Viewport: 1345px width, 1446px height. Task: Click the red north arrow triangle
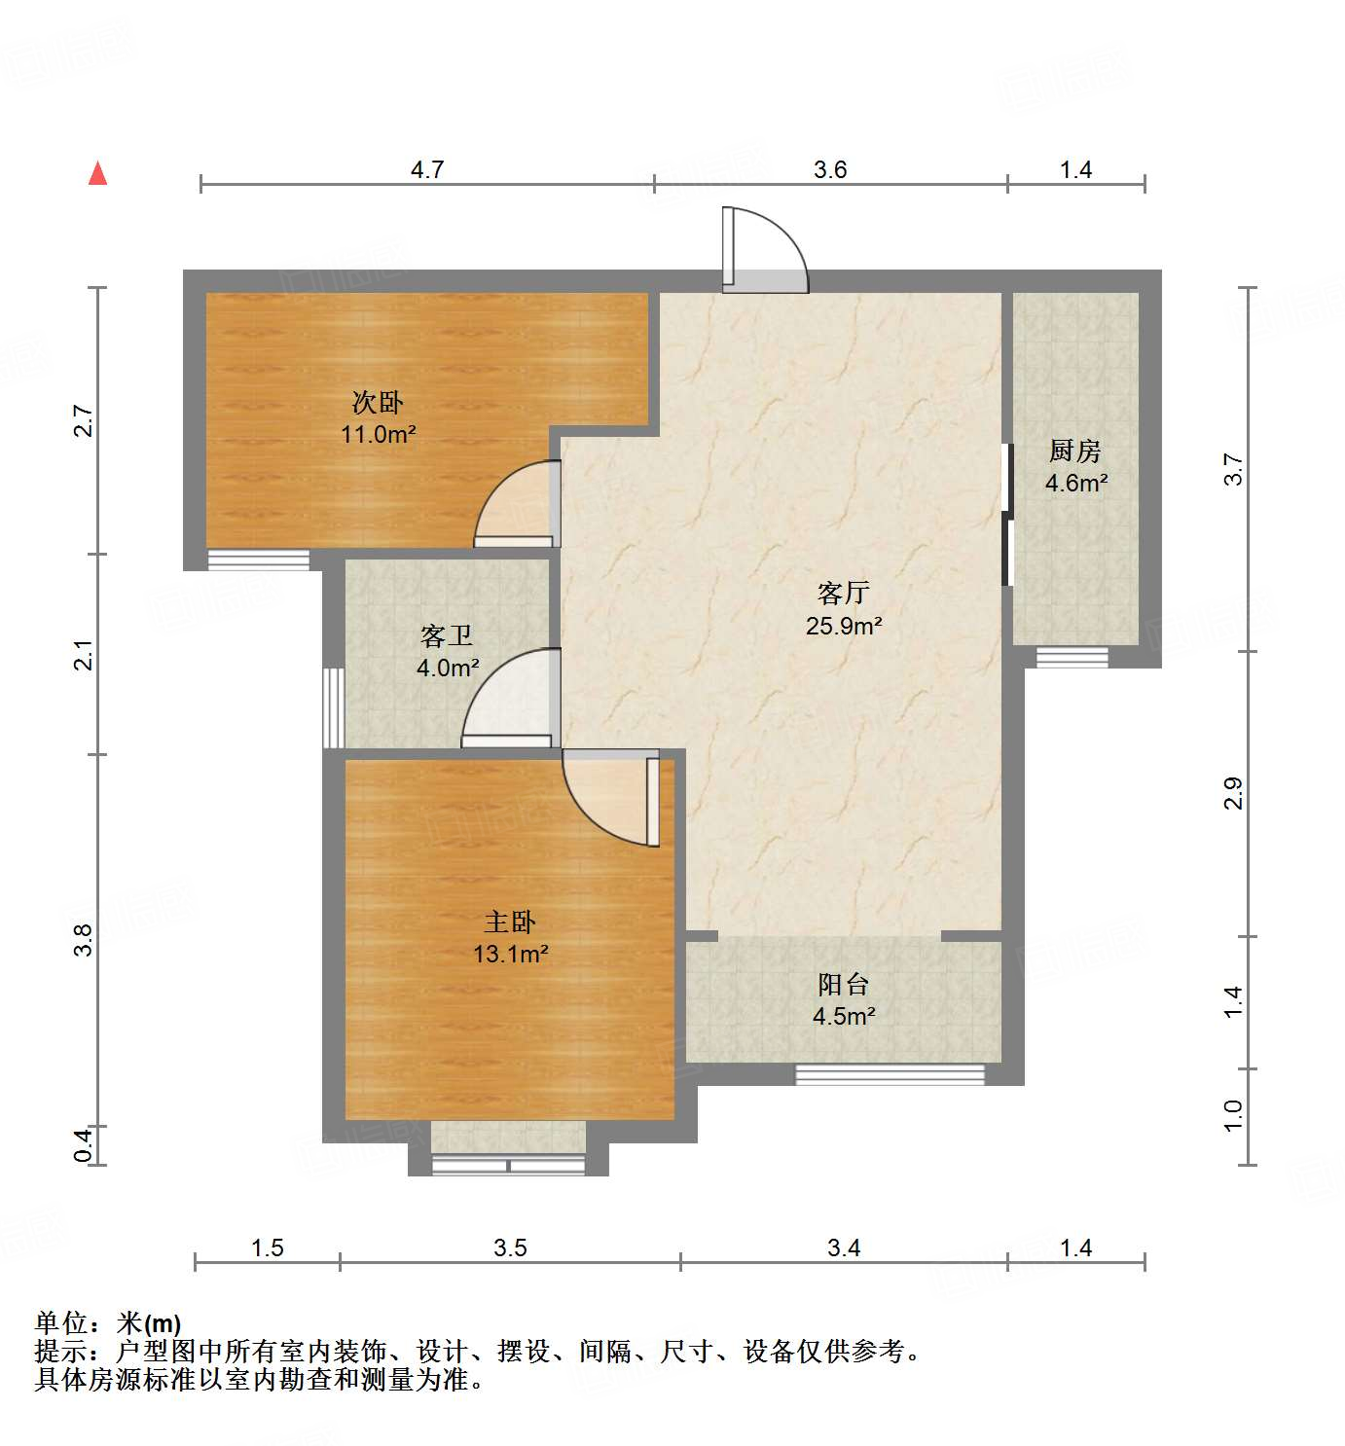(97, 174)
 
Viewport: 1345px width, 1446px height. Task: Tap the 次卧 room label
(378, 402)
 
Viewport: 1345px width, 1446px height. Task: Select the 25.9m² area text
(843, 626)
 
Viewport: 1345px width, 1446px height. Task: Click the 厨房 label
(1075, 451)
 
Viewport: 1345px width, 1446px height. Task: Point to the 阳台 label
(843, 984)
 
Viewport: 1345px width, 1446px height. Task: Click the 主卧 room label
(510, 922)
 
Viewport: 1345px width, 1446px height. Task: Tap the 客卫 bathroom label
(447, 636)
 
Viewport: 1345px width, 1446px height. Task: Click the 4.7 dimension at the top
(426, 170)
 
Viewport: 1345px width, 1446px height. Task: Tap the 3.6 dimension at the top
(830, 170)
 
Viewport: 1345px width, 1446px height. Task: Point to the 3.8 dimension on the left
(84, 939)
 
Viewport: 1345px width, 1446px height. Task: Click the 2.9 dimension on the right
(1234, 793)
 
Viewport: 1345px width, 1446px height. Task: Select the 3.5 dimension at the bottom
(510, 1247)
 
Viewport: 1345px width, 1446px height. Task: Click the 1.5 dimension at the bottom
(268, 1247)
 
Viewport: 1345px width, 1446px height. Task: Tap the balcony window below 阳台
(891, 1074)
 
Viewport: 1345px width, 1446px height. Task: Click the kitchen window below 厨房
(1072, 657)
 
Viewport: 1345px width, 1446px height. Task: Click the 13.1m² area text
(510, 954)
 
